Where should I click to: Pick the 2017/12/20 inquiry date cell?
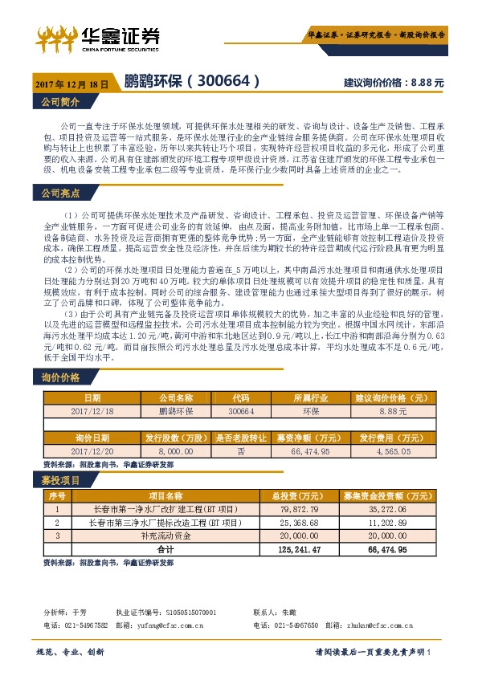coord(93,452)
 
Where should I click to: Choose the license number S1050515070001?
coord(190,613)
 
